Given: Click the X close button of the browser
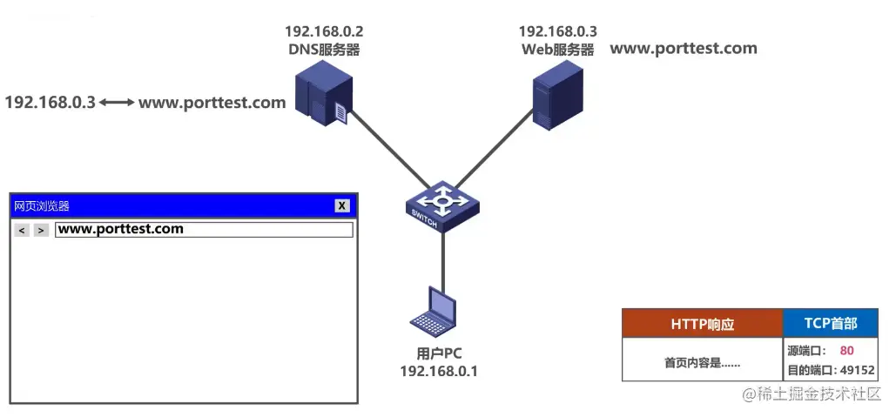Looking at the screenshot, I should click(x=343, y=205).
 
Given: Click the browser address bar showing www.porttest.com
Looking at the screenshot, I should click(x=204, y=230).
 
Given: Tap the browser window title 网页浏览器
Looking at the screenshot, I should click(x=42, y=206).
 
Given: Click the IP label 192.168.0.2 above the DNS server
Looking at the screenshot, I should click(x=324, y=31).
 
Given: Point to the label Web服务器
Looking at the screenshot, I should click(x=557, y=50).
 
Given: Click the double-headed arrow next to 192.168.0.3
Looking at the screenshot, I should click(x=117, y=103).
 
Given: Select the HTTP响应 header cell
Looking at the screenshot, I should click(x=702, y=324).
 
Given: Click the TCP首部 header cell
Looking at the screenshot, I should click(x=830, y=324).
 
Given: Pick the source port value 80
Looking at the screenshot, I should click(x=846, y=351).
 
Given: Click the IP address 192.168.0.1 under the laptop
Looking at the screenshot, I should click(x=439, y=371).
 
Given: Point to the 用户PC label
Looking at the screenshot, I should click(x=439, y=353).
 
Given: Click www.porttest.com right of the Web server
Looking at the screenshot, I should click(x=683, y=49).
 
